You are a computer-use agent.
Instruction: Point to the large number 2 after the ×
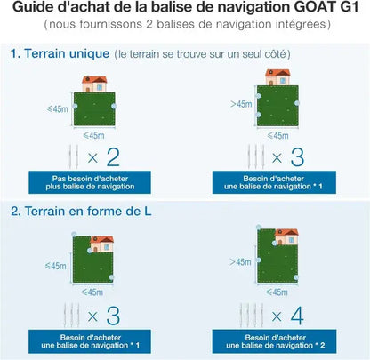[x=112, y=158]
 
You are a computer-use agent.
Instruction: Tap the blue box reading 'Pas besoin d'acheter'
[x=92, y=183]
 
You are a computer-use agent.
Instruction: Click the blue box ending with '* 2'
[x=277, y=340]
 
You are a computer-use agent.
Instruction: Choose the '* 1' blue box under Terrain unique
[x=277, y=183]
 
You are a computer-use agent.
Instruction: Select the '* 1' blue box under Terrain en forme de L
[x=92, y=340]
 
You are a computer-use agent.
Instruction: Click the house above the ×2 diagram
[x=94, y=84]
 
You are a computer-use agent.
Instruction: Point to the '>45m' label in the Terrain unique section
[x=241, y=104]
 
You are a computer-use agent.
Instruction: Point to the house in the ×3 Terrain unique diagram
[x=277, y=78]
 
